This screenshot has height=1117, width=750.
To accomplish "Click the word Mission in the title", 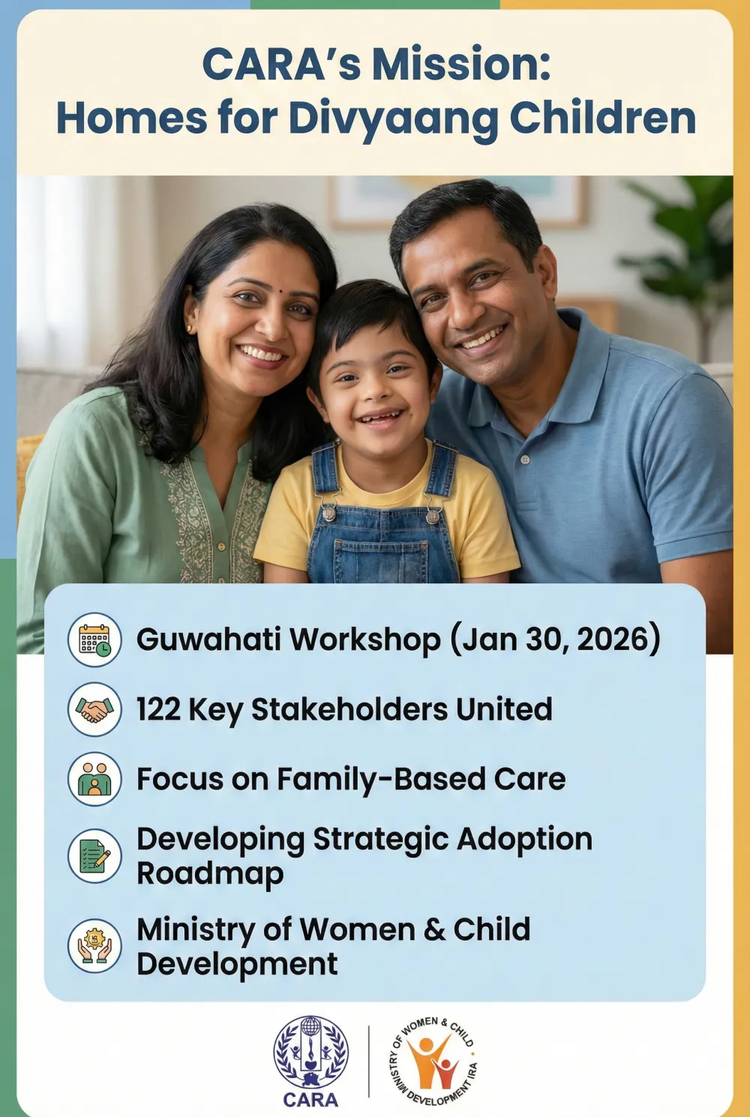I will [x=461, y=64].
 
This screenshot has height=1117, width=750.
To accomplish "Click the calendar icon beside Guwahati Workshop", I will [x=94, y=639].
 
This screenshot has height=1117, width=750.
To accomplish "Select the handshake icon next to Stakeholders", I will [x=94, y=709].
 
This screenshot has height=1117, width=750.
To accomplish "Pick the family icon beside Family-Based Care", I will [x=94, y=779].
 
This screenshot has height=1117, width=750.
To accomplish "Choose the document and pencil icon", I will [x=94, y=855].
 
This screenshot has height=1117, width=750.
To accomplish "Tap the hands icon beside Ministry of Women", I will [x=94, y=945].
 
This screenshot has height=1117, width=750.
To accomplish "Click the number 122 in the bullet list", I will [x=158, y=709].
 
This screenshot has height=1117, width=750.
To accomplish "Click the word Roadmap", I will [x=210, y=874].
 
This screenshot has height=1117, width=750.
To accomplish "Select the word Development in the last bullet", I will [x=237, y=964].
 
